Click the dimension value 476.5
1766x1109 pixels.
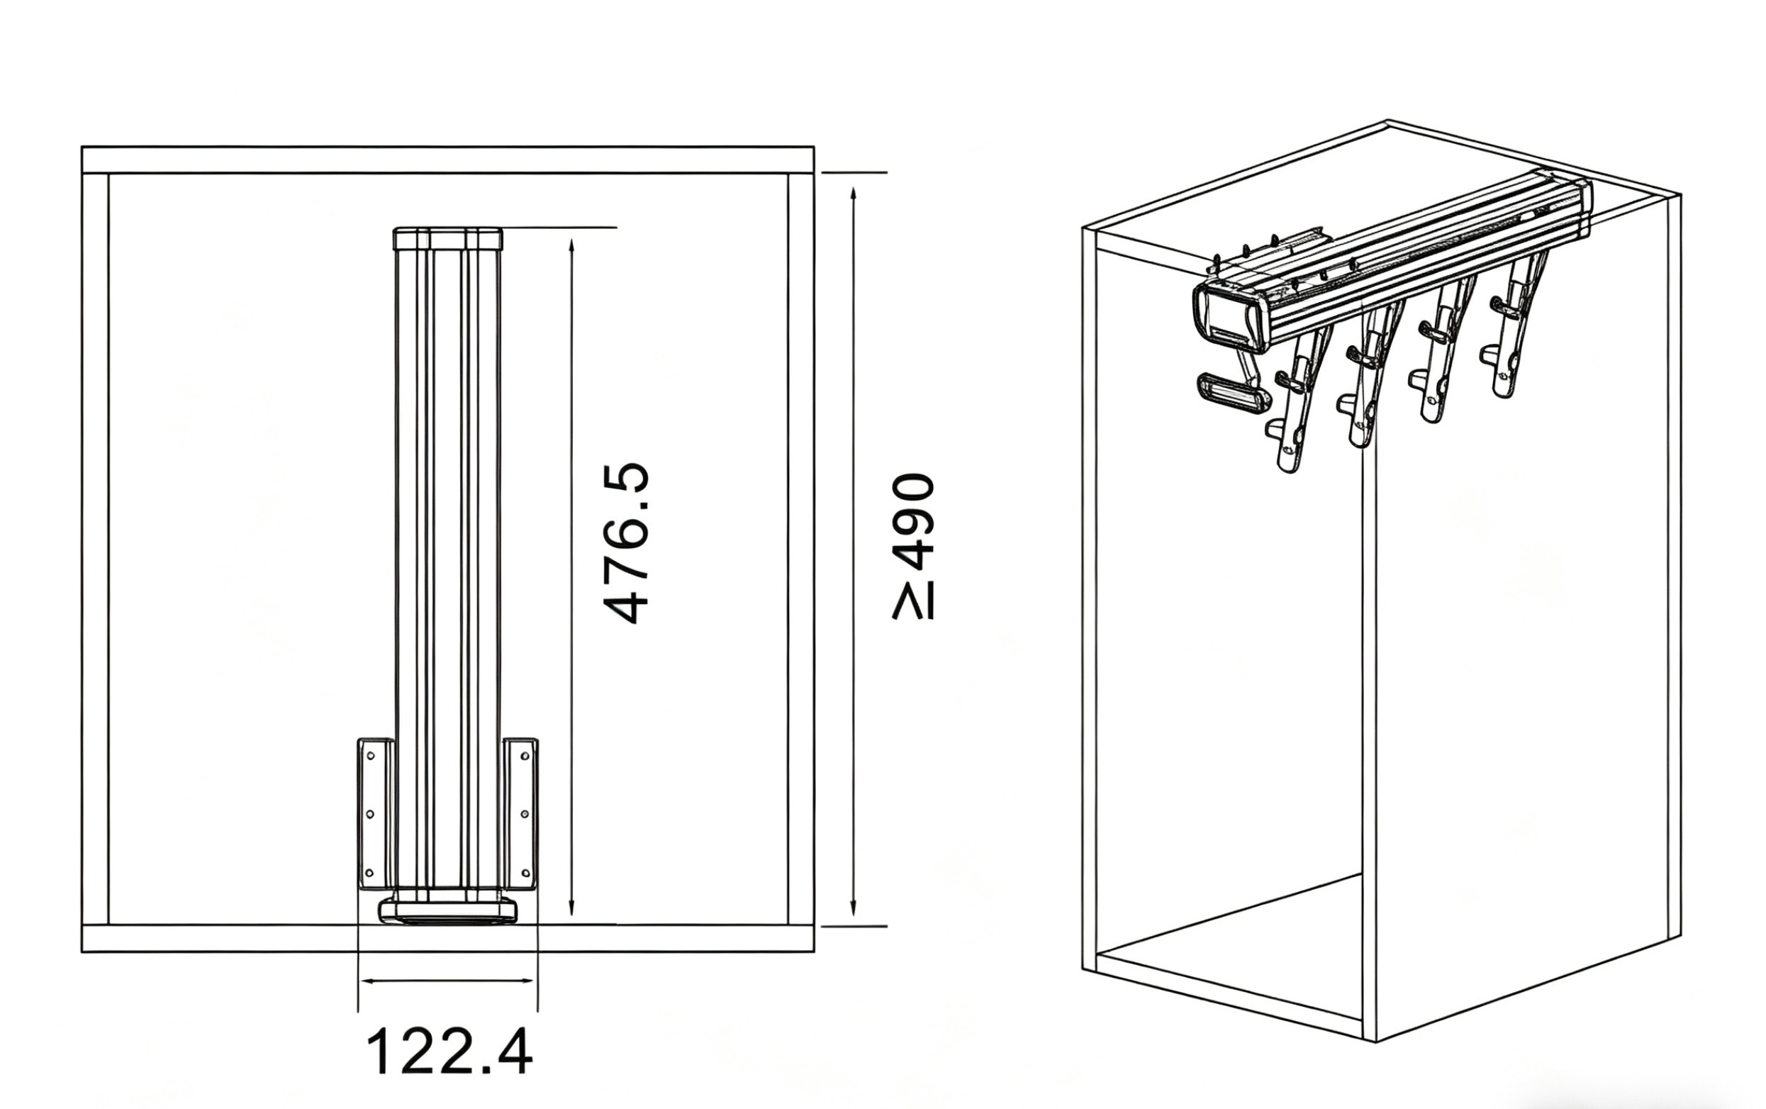(x=625, y=542)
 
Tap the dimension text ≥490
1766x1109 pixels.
(x=913, y=547)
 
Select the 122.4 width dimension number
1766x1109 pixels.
(x=448, y=1052)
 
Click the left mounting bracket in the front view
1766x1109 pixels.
(x=376, y=813)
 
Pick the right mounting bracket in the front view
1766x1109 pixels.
(x=520, y=813)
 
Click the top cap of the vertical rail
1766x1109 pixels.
(x=448, y=239)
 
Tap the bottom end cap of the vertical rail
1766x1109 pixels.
(x=448, y=912)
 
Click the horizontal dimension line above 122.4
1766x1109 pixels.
(x=448, y=981)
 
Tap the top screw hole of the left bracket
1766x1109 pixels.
(x=369, y=755)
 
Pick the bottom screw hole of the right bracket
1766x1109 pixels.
(x=525, y=873)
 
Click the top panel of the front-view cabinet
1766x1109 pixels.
(x=448, y=160)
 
